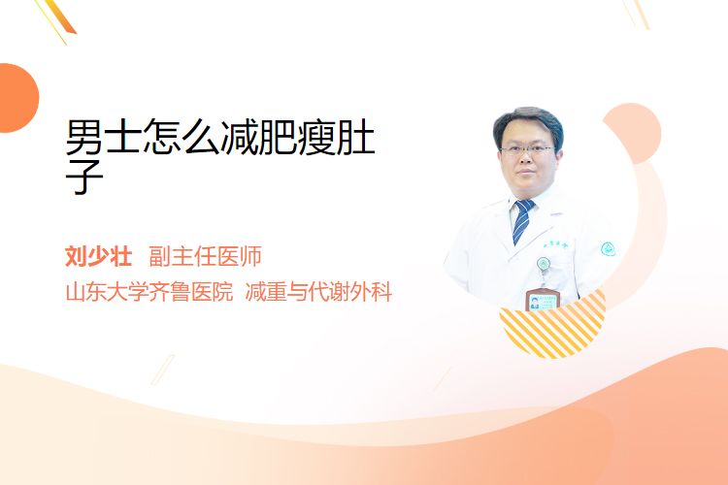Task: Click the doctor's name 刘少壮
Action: click(98, 256)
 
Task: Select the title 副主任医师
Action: click(205, 256)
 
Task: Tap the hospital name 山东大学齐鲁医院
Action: click(149, 292)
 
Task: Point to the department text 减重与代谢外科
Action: click(319, 292)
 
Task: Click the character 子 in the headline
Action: click(84, 177)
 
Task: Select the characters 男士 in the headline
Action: click(103, 137)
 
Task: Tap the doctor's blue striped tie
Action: click(523, 221)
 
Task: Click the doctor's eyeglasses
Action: click(527, 150)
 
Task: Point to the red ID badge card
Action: click(542, 300)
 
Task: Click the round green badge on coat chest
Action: click(544, 264)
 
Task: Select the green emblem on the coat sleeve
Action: click(608, 249)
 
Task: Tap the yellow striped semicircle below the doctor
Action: click(552, 327)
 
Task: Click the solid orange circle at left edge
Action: click(17, 98)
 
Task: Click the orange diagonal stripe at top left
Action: click(59, 17)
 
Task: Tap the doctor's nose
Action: click(526, 159)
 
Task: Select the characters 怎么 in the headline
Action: click(182, 137)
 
